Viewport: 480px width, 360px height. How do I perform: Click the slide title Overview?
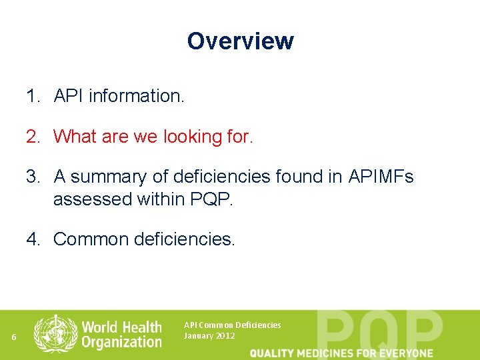[x=240, y=41]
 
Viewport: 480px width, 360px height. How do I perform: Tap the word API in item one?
[x=69, y=97]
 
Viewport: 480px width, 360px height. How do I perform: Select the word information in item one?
[x=136, y=97]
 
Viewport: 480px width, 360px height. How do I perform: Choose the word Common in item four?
[x=91, y=239]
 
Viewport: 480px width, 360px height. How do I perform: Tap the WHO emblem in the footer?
[x=55, y=333]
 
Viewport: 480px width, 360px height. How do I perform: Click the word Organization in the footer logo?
[x=121, y=342]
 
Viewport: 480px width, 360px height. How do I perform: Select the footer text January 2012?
[x=209, y=336]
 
